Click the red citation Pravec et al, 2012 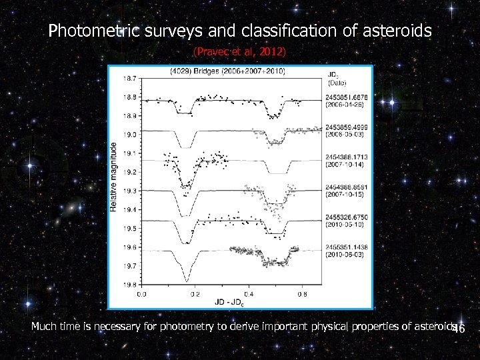239,51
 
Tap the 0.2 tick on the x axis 195,293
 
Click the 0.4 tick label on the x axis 248,293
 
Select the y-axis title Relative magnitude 114,177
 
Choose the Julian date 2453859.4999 347,127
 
